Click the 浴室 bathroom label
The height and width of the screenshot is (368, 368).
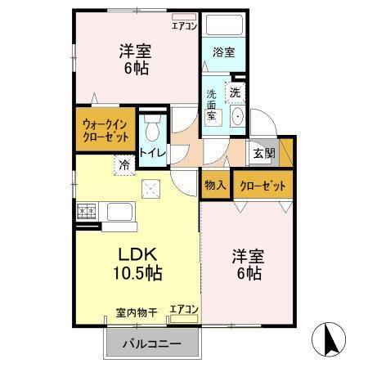point(223,52)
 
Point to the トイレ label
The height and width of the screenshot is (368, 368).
point(152,151)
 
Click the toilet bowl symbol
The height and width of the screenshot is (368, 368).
point(152,129)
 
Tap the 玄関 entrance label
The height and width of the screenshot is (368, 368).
point(263,153)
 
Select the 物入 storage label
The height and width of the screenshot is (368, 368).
point(215,186)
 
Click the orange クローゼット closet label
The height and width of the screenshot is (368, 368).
point(263,186)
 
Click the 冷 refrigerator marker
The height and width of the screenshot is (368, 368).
point(124,164)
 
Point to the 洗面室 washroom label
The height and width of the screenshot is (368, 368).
point(212,105)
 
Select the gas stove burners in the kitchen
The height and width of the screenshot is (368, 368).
point(86,213)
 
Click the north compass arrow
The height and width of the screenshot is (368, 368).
point(330,339)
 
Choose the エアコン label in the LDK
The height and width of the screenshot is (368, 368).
point(183,309)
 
